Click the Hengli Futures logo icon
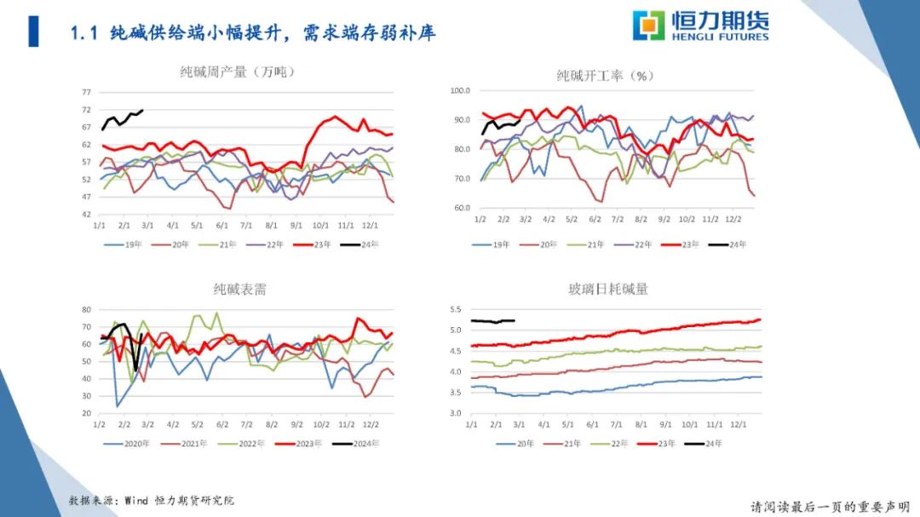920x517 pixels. (x=648, y=26)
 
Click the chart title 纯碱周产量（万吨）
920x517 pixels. (x=237, y=72)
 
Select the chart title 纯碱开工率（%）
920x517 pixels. (x=605, y=76)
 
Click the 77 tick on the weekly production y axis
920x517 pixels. (x=87, y=92)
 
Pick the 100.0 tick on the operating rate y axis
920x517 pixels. (x=460, y=90)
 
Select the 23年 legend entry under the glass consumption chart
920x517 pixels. (x=664, y=444)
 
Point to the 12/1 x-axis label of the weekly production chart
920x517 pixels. (x=371, y=227)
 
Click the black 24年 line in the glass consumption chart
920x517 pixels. (x=494, y=321)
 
